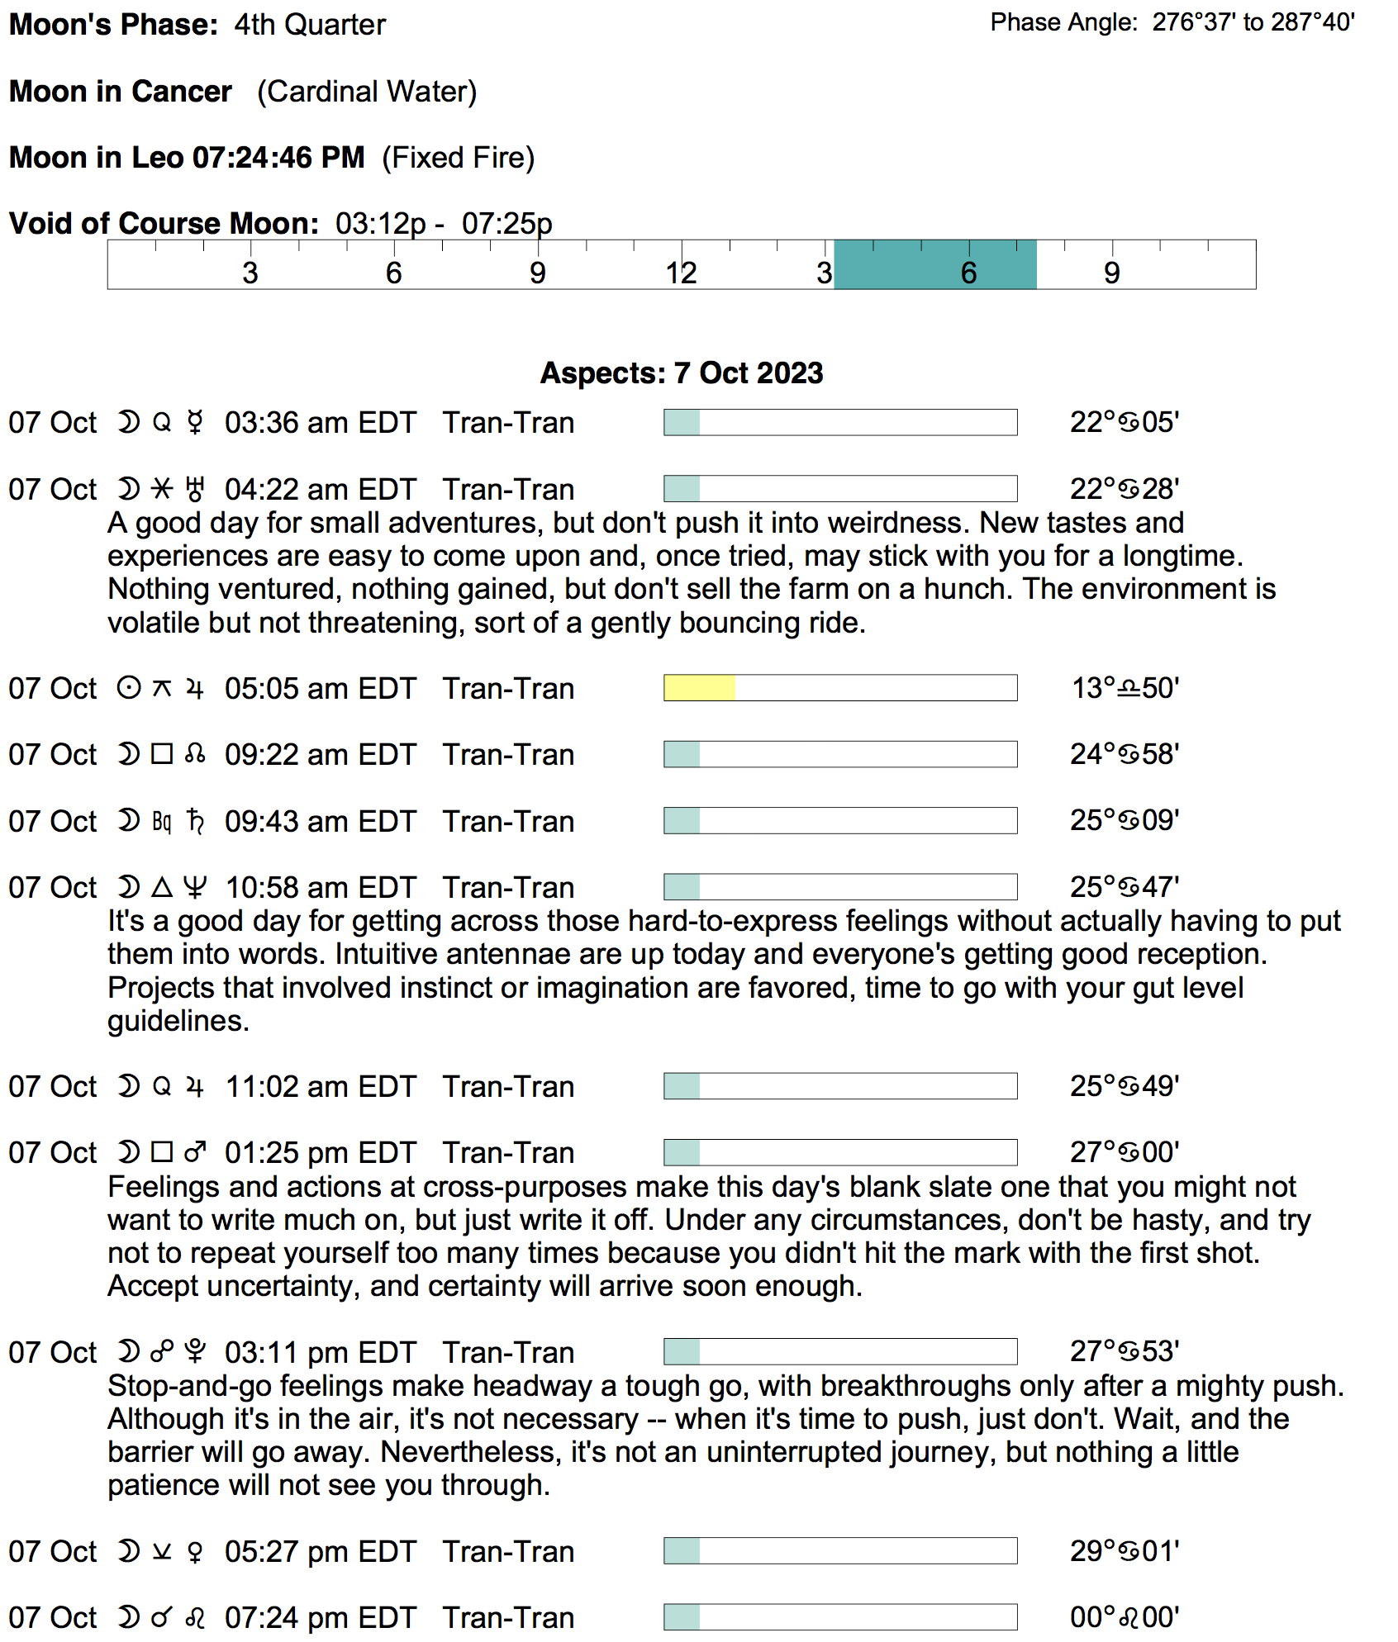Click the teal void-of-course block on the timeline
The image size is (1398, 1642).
pos(934,264)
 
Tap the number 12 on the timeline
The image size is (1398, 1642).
pos(681,273)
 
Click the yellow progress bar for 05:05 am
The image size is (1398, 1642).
pos(699,688)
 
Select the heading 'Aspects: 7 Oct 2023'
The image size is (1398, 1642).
pos(682,373)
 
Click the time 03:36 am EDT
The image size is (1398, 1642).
pos(320,423)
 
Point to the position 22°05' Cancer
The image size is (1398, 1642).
pos(1124,422)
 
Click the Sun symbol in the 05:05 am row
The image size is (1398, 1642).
pos(129,688)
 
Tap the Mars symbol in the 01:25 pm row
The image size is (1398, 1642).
pos(195,1152)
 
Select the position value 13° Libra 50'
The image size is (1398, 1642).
pos(1125,688)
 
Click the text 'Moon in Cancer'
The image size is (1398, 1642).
pos(121,92)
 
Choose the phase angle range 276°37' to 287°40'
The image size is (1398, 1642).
pos(1253,22)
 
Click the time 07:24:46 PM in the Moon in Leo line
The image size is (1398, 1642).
pos(278,158)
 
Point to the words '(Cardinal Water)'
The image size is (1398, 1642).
pos(367,92)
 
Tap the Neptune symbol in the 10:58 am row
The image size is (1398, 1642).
pos(195,887)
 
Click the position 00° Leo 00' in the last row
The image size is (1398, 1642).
pos(1124,1616)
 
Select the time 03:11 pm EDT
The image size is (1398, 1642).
pos(320,1352)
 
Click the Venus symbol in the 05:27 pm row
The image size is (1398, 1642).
pos(195,1551)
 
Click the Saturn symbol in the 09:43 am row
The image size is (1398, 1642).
pos(195,821)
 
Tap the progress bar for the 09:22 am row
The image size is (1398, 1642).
pos(840,754)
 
